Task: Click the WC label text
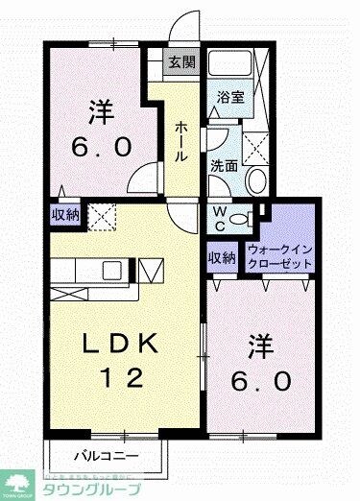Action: pyautogui.click(x=219, y=218)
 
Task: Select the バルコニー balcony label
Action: pyautogui.click(x=108, y=455)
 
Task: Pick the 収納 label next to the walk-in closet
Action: pyautogui.click(x=221, y=256)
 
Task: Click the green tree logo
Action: pyautogui.click(x=18, y=481)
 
